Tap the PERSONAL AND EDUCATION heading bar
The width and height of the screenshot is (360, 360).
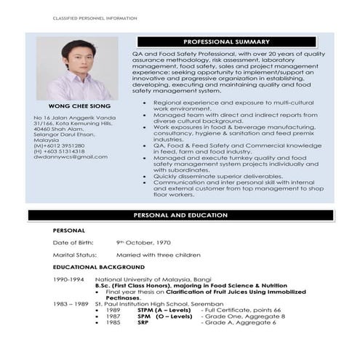pos(181,215)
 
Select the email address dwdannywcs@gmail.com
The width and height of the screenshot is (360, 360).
pos(71,156)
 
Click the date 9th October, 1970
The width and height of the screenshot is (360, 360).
pos(143,241)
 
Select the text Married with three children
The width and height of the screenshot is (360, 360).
pos(158,255)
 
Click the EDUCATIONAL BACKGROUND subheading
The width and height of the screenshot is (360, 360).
pos(98,267)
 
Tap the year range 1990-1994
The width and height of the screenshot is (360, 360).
pos(68,279)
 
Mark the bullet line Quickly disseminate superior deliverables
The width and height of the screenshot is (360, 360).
pos(209,175)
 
